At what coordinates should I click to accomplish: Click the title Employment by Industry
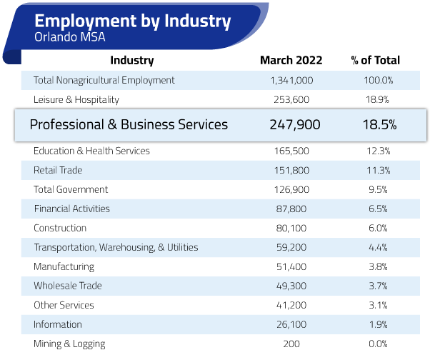[x=132, y=21]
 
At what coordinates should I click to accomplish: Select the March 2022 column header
[x=291, y=61]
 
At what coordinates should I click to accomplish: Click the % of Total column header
[x=375, y=61]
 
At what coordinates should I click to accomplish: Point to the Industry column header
[x=132, y=61]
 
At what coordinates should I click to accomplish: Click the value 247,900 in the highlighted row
[x=295, y=124]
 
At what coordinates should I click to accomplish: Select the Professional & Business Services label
[x=129, y=124]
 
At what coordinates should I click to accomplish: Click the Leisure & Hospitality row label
[x=76, y=99]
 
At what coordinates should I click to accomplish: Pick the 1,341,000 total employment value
[x=291, y=80]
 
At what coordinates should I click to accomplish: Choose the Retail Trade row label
[x=58, y=170]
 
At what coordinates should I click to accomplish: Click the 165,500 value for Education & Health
[x=291, y=151]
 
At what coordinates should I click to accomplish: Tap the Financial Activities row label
[x=72, y=209]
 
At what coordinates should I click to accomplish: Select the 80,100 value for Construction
[x=291, y=228]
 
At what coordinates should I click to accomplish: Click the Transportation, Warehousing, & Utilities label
[x=116, y=247]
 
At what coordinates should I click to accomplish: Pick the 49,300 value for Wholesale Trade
[x=291, y=286]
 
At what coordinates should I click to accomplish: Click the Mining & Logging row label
[x=69, y=344]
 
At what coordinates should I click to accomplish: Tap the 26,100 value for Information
[x=291, y=324]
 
